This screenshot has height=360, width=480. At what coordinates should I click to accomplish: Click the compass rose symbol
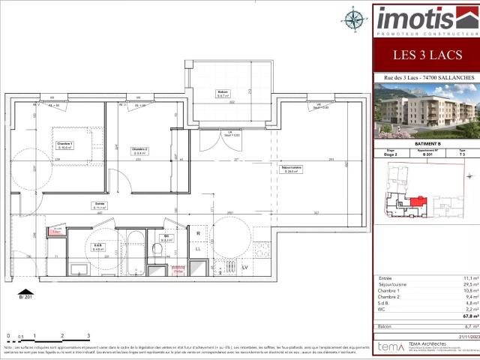[x=352, y=16]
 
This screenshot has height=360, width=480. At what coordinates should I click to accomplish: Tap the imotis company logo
[x=425, y=19]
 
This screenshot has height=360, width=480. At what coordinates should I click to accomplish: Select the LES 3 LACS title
[x=425, y=54]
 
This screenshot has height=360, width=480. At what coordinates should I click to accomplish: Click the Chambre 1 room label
[x=65, y=145]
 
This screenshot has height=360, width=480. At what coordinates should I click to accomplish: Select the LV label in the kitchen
[x=244, y=266]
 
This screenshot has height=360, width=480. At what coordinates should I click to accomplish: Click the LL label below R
[x=199, y=248]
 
